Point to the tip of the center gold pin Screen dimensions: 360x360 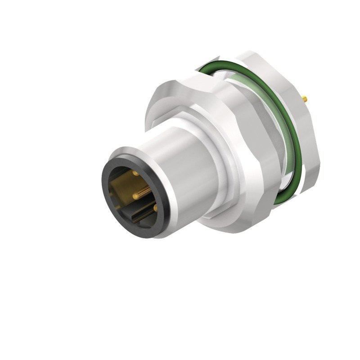click(135, 195)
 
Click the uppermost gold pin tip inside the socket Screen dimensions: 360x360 click(135, 173)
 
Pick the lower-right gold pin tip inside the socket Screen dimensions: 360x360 click(155, 209)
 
